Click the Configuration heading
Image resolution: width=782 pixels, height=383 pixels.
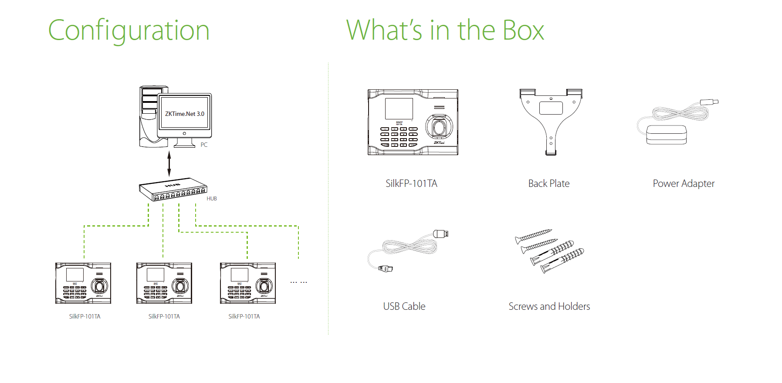[x=129, y=31]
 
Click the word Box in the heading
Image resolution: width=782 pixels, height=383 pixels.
[x=523, y=31]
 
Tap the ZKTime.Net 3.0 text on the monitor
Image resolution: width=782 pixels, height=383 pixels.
[x=185, y=114]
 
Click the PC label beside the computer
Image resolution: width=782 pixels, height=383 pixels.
[x=204, y=145]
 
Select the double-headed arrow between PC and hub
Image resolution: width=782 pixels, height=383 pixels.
[x=169, y=163]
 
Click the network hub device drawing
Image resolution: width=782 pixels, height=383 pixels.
[x=173, y=189]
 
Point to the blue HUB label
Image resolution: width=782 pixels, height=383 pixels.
[x=212, y=199]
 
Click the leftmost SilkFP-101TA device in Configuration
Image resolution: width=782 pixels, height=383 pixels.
[x=83, y=283]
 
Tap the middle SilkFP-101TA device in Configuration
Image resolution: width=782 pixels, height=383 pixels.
[x=164, y=283]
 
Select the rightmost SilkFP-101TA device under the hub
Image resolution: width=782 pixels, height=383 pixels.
[x=248, y=283]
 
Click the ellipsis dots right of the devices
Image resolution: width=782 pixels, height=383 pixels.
[x=299, y=282]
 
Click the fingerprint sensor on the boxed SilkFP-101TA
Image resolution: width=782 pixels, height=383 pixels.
[x=439, y=127]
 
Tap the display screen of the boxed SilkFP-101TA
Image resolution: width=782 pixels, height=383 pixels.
[x=399, y=108]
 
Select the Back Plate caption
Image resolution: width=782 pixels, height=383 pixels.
[x=548, y=183]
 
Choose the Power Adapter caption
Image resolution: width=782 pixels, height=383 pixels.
[x=684, y=183]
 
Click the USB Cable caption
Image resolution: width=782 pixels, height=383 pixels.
[x=404, y=306]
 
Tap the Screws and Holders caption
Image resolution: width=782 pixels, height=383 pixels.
[x=549, y=306]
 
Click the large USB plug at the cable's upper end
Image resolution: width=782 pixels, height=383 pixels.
[x=441, y=234]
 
